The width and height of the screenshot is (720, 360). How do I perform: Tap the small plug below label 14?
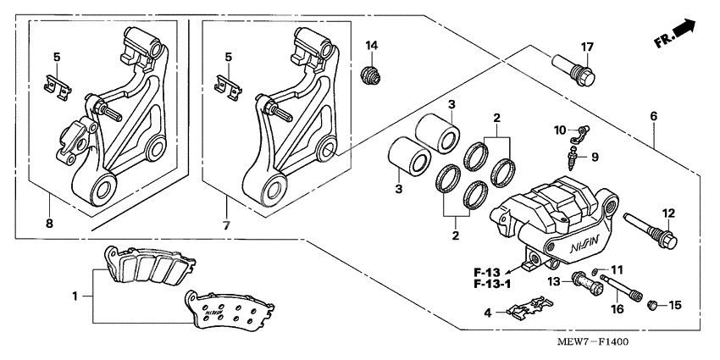[369, 75]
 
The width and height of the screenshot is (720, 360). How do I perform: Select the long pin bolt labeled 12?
[651, 231]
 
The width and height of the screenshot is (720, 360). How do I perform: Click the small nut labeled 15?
[653, 304]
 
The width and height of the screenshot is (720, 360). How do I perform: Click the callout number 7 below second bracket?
[225, 226]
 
